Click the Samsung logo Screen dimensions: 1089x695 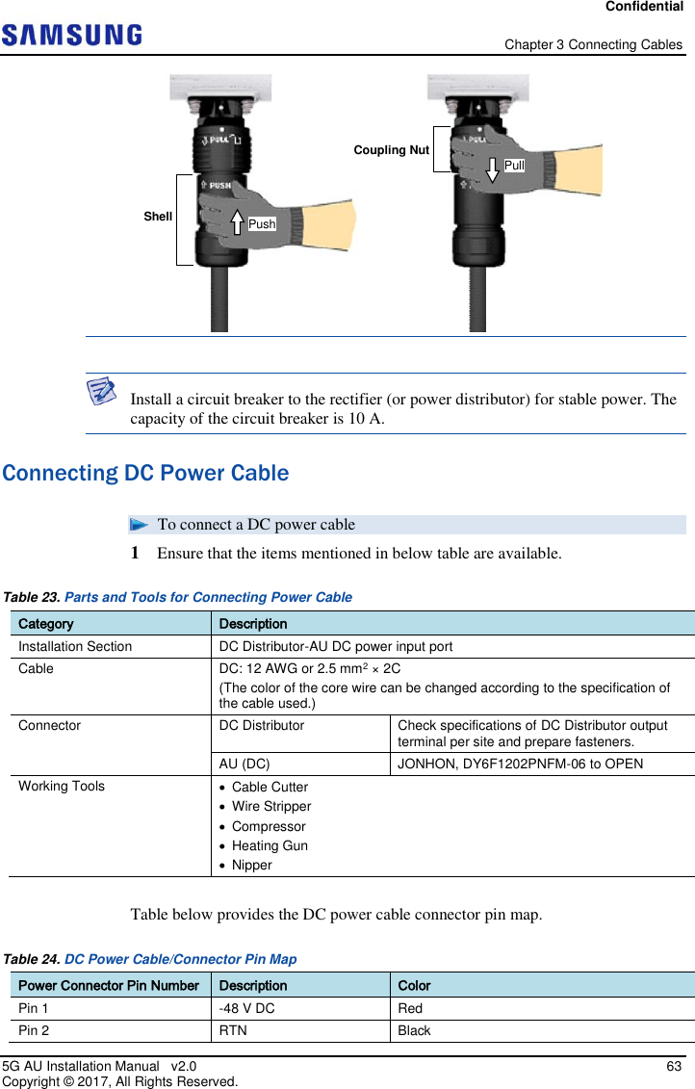72,36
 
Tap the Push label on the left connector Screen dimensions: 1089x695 262,224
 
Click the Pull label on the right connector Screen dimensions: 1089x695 514,166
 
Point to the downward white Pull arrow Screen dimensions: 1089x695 492,164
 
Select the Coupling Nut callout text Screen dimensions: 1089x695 391,150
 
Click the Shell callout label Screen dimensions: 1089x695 158,217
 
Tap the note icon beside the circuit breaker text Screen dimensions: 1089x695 101,391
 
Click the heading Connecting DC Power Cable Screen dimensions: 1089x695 145,474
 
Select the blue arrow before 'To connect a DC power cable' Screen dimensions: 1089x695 139,525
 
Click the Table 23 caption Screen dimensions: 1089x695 178,597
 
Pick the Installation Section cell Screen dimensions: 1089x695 75,646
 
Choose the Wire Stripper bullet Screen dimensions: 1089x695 271,806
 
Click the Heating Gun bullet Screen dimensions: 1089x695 270,845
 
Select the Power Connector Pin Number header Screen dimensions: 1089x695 109,985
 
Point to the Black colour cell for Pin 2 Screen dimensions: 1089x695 414,1030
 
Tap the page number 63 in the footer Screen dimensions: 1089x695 674,1066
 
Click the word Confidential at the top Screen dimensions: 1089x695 644,7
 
